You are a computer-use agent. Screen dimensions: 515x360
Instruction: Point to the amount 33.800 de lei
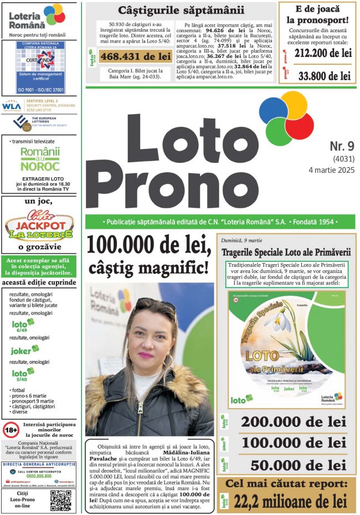[324, 75]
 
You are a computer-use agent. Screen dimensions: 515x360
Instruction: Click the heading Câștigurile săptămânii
[181, 10]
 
